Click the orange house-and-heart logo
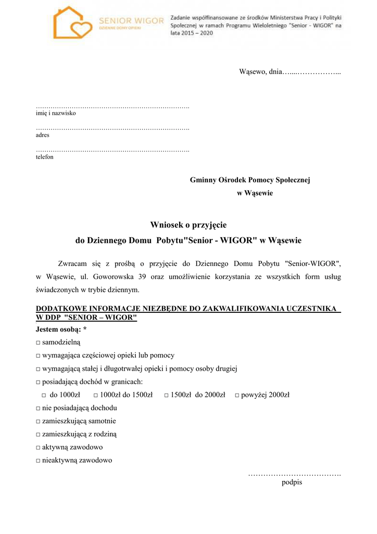73,23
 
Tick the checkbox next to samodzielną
39,342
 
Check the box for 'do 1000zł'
44,395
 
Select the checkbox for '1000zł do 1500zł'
95,395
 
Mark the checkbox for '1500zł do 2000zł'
166,395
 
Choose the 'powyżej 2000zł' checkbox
236,395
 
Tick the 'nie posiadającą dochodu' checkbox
39,408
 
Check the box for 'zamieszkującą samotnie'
39,421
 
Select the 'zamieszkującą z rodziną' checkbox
39,434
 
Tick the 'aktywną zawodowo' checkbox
39,447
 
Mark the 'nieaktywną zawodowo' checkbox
39,461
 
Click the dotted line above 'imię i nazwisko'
112,107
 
